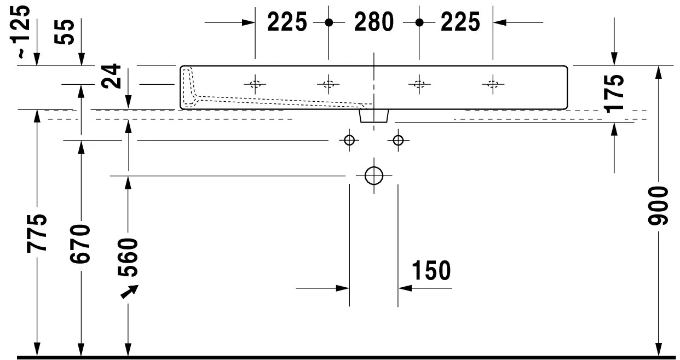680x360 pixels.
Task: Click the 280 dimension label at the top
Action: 374,22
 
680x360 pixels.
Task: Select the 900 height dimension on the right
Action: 658,206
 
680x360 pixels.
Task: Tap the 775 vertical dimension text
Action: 37,233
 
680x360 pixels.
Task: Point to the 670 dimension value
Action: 80,244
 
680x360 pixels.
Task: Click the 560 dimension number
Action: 128,257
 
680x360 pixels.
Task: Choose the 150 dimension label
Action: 431,270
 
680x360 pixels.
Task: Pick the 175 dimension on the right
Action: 614,94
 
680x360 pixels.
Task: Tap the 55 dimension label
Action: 64,32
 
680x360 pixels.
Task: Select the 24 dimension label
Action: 111,76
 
